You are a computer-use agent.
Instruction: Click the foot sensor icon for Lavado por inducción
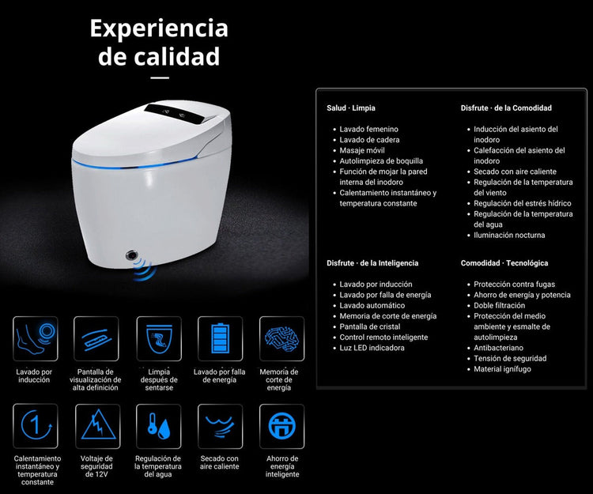coord(36,338)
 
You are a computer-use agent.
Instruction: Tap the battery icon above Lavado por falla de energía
coord(220,338)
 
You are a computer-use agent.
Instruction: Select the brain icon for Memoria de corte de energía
coord(281,338)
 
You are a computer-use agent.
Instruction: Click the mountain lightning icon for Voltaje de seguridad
coord(98,426)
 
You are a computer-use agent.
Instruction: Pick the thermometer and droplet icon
coord(159,426)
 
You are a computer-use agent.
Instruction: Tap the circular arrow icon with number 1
coord(36,426)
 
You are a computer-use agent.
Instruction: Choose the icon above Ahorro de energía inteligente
coord(281,426)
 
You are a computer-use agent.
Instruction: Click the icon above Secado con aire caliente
coord(220,426)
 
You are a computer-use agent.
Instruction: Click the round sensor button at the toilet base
coord(131,255)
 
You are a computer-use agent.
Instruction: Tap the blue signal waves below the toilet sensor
coord(145,270)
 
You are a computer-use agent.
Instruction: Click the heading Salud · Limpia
coord(351,108)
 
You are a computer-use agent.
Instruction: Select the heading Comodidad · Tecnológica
coord(504,263)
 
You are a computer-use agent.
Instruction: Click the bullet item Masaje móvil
coord(362,150)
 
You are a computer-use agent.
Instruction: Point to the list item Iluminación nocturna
coord(509,235)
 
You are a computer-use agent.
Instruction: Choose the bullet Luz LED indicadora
coord(372,348)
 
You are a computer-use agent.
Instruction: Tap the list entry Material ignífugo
coord(502,369)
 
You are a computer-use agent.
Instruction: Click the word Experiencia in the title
coord(159,28)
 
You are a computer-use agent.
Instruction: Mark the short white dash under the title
coord(160,78)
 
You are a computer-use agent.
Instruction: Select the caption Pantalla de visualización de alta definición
coord(96,379)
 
